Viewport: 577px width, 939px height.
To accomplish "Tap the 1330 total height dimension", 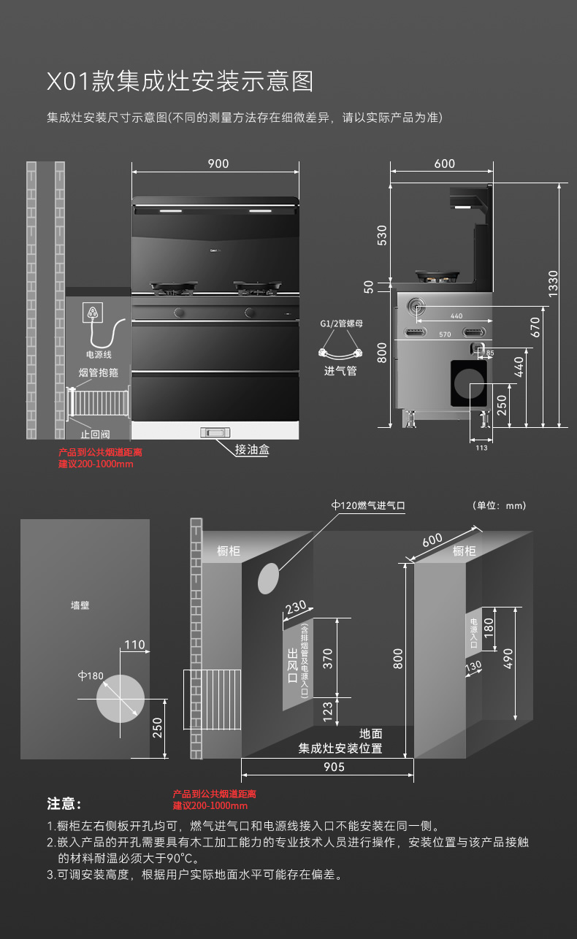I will tap(553, 283).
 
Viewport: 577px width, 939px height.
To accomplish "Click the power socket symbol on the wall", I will tap(93, 313).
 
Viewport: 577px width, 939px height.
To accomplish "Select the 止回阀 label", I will tap(96, 434).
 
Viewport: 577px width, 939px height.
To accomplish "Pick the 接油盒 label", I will tap(252, 450).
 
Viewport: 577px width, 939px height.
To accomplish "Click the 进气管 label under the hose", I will tap(340, 371).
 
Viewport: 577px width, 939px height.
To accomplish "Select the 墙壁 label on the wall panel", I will tap(80, 605).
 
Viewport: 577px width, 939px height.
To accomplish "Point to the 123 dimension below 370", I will tap(328, 709).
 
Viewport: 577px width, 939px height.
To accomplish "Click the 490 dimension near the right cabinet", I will tap(508, 658).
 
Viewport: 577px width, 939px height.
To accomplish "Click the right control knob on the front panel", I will tap(251, 313).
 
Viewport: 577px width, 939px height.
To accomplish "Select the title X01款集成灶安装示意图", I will tap(180, 81).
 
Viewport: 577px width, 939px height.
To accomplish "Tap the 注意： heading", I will tap(64, 804).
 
